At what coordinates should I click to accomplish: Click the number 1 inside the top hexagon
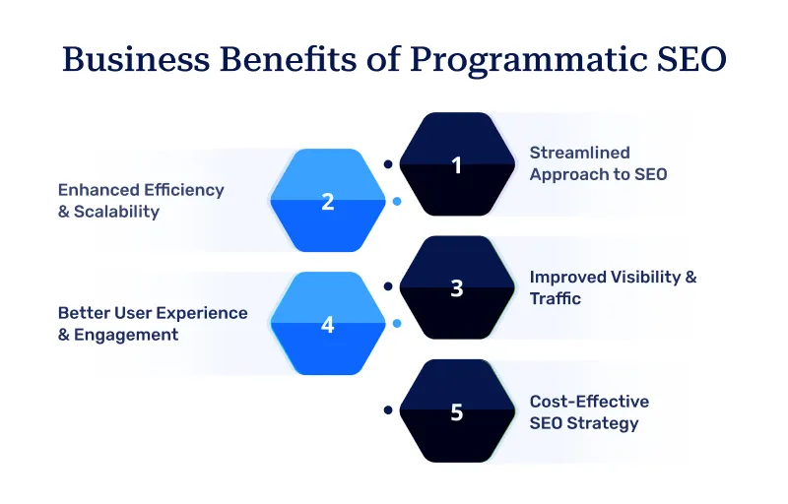click(x=456, y=165)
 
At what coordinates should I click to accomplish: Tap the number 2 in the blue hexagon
click(x=328, y=202)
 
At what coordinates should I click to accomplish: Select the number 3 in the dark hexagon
click(x=456, y=288)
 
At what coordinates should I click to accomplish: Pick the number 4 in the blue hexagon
click(x=328, y=324)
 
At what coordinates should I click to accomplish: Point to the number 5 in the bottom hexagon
click(x=456, y=411)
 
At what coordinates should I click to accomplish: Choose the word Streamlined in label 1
click(x=579, y=153)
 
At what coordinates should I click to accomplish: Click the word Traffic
click(x=556, y=298)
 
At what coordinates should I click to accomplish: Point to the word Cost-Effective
click(x=589, y=402)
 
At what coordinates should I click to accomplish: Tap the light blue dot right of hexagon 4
click(x=396, y=323)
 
